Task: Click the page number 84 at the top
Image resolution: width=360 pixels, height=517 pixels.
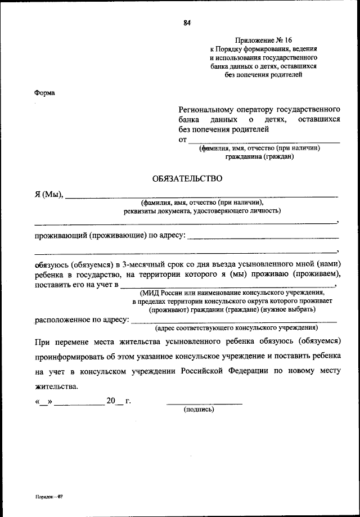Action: pos(187,23)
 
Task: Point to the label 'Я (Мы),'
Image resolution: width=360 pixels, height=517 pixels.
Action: pos(49,195)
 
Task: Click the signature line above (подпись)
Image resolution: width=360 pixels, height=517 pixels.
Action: pos(204,403)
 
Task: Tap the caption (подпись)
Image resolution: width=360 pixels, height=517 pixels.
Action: pos(199,410)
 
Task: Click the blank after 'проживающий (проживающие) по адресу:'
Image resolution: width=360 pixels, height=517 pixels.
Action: pos(263,236)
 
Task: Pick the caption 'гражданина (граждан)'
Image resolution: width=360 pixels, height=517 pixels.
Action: pos(259,158)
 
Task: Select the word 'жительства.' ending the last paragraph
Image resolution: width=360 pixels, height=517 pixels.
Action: pos(57,386)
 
